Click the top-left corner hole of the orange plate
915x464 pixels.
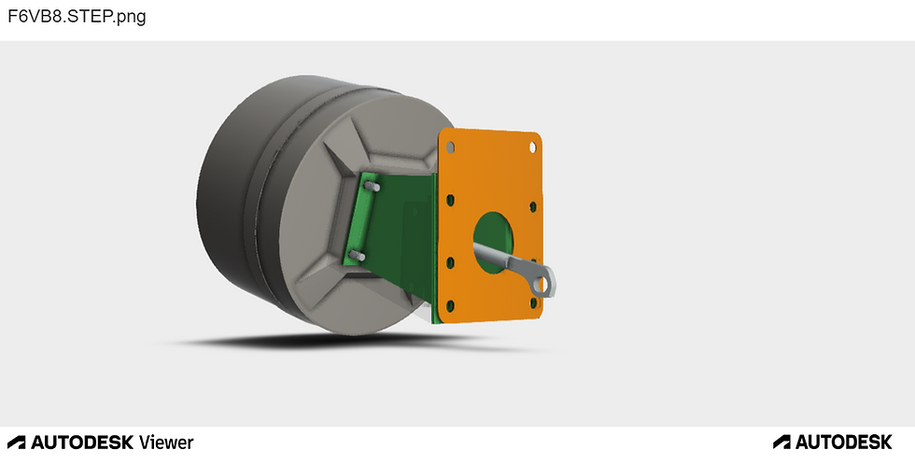450,147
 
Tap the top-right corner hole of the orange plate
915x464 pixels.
533,148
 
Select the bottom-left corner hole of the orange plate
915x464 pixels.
450,305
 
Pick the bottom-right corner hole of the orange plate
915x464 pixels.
533,302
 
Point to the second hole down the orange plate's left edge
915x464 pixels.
450,201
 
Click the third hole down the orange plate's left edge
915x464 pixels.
450,262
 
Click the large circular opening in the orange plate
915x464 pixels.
493,242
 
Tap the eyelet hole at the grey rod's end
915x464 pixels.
542,285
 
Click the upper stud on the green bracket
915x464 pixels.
373,186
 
